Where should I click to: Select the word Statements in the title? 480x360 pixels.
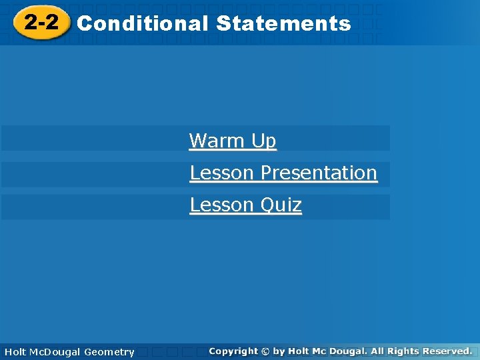tap(283, 24)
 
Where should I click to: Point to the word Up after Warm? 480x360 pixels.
tap(263, 141)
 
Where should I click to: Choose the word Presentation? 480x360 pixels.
tap(319, 173)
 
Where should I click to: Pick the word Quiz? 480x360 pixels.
tap(281, 205)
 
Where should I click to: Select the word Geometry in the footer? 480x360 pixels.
tap(109, 352)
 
